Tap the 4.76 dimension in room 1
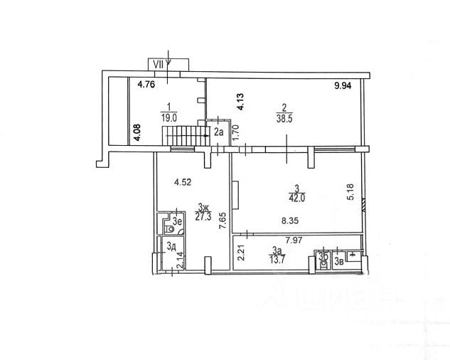[146, 85]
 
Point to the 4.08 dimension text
[137, 133]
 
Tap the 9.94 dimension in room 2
[344, 86]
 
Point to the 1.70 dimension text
[235, 133]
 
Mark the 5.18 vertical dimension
[349, 193]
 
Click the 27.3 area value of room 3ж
[204, 217]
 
